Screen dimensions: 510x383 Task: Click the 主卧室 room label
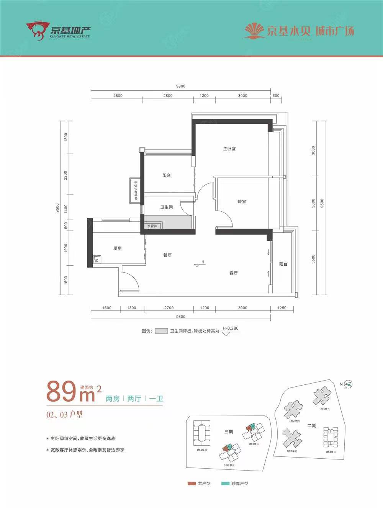(x=229, y=149)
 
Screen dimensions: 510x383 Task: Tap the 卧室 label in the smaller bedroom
(x=242, y=201)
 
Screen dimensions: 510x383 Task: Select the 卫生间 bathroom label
(x=166, y=207)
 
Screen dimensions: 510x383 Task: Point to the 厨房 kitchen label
(x=117, y=248)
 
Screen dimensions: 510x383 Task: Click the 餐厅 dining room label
(x=167, y=255)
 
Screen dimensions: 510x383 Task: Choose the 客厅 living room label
(x=233, y=273)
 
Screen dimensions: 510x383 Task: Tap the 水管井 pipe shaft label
(x=152, y=226)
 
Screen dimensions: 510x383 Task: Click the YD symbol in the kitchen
(x=96, y=260)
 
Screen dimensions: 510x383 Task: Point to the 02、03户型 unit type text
(x=64, y=414)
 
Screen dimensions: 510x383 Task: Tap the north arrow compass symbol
(x=348, y=384)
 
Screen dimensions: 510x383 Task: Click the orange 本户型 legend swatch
(x=191, y=484)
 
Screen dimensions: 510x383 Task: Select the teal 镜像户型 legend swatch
(x=225, y=484)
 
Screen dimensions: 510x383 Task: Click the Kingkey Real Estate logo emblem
(x=37, y=31)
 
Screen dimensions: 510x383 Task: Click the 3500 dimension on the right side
(x=313, y=259)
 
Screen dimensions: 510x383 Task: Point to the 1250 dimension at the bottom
(x=282, y=307)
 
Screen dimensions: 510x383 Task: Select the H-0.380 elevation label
(x=230, y=328)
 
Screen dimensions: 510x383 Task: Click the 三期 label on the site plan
(x=228, y=432)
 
